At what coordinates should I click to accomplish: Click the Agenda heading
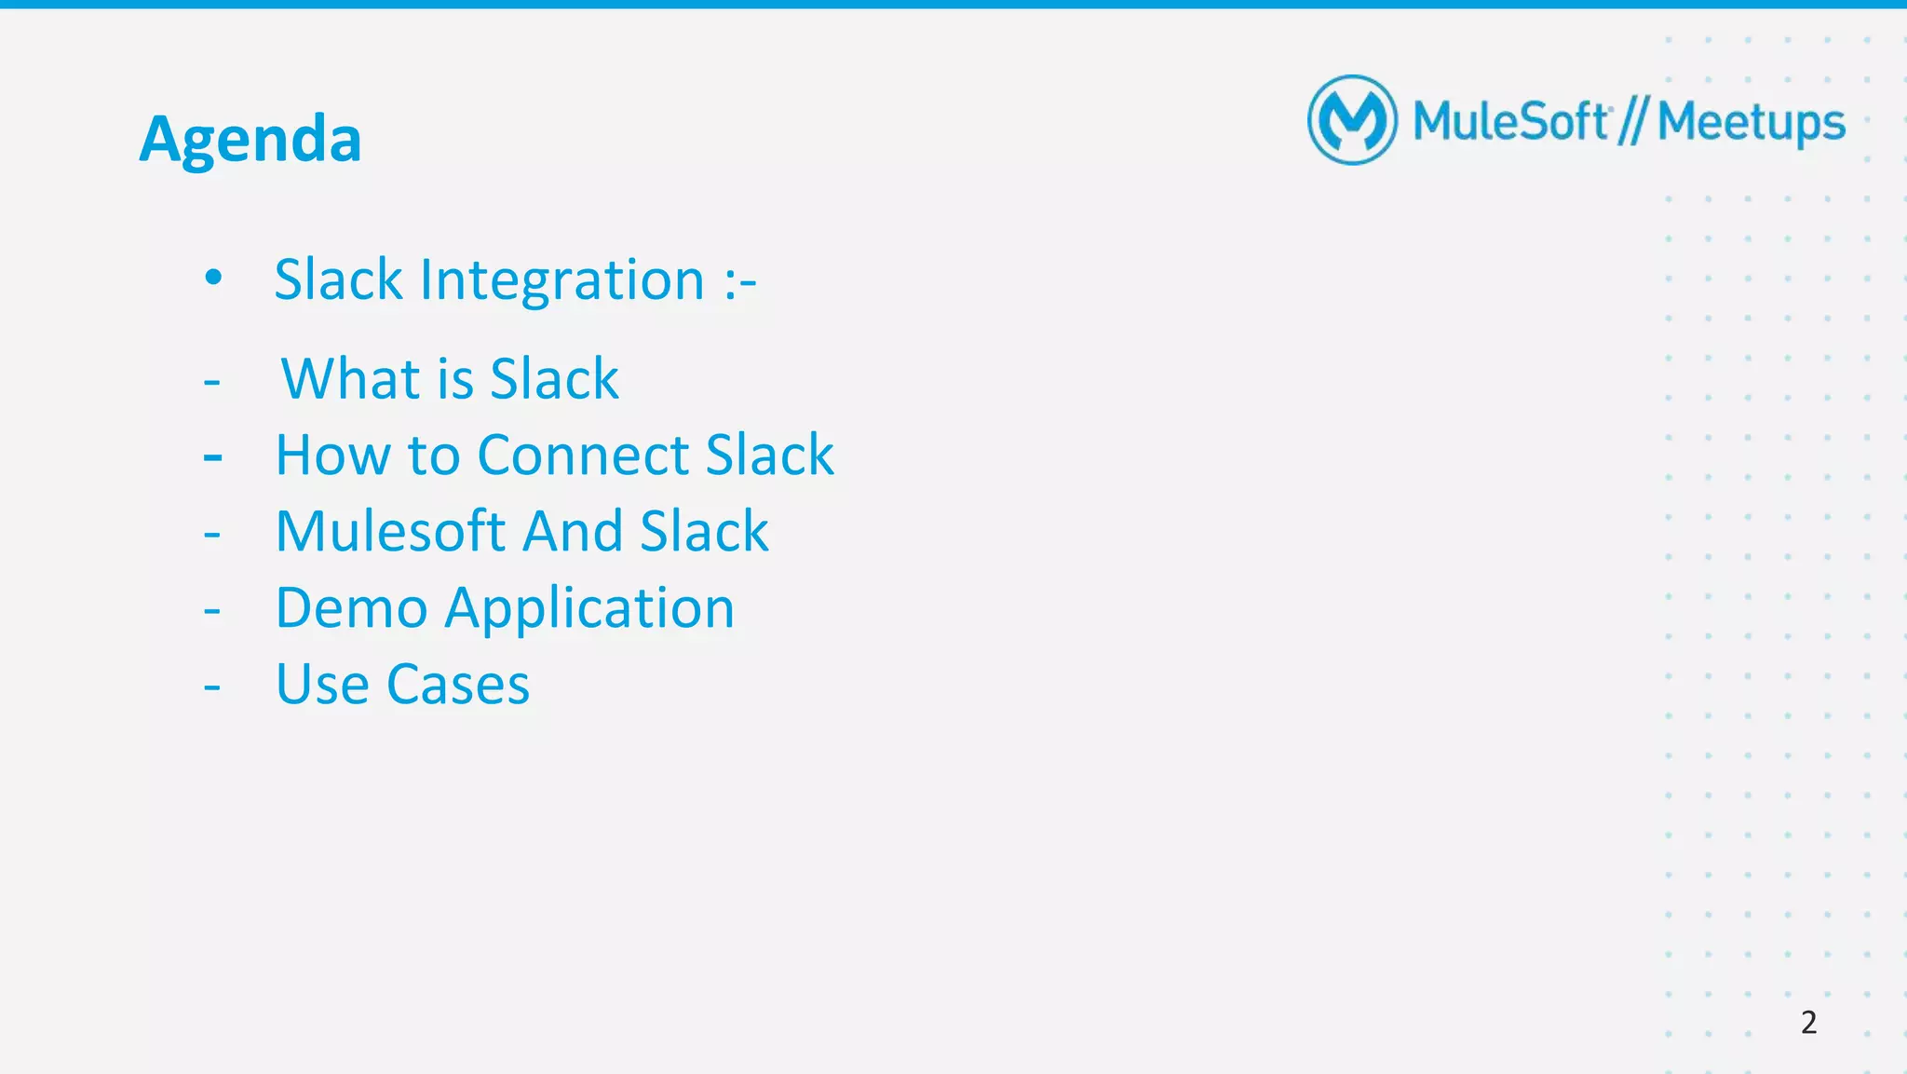[250, 140]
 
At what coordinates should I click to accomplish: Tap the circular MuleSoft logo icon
[1352, 120]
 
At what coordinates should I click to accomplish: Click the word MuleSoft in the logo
[1510, 121]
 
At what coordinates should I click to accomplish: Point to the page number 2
[1808, 1022]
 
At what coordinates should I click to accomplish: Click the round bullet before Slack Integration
[213, 277]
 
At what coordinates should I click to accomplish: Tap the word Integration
[562, 279]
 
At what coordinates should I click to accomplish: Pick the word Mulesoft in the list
[390, 531]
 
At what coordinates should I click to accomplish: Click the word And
[573, 531]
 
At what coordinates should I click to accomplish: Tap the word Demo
[352, 608]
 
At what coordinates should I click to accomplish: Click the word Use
[322, 685]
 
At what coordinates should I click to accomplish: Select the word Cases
[457, 685]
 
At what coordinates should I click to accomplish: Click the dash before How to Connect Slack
[212, 457]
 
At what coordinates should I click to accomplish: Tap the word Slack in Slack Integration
[339, 279]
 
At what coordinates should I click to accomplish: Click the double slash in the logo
[1632, 122]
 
